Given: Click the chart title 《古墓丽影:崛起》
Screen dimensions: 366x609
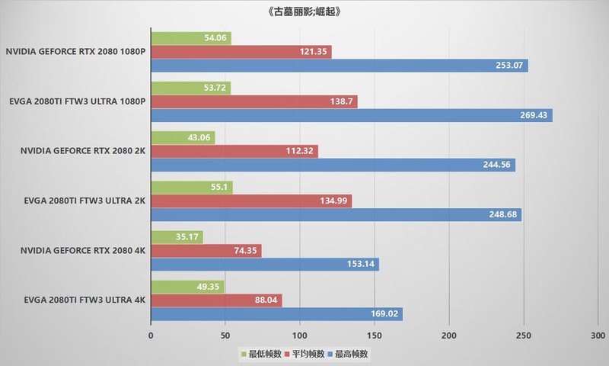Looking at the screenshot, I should (304, 11).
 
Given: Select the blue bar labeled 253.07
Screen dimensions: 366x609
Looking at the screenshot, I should (339, 66).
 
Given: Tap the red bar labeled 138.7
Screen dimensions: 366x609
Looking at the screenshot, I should (253, 101).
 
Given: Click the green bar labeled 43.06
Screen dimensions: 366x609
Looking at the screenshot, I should (183, 137).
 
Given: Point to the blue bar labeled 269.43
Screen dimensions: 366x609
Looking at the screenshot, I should (351, 115).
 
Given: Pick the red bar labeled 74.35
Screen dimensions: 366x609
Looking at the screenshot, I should (206, 250).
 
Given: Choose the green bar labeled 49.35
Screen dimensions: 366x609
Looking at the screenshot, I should (187, 286).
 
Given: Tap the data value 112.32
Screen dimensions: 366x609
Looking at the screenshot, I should (300, 151).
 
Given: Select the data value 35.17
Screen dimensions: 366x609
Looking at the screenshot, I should (187, 236).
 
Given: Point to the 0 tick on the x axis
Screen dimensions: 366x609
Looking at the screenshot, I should (151, 335).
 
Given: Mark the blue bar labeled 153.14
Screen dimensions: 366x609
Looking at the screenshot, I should (265, 265).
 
